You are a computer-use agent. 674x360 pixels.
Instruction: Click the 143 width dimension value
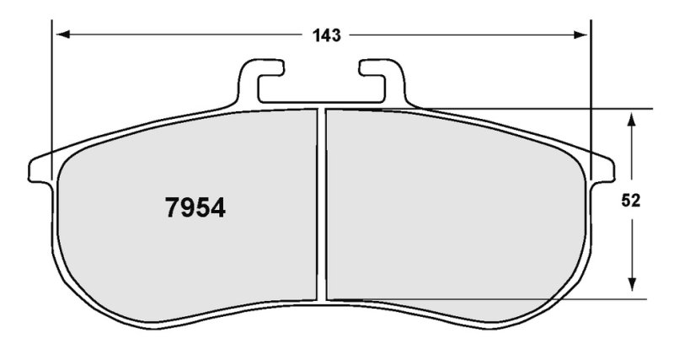click(326, 35)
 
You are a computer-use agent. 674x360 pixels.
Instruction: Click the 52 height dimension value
click(630, 201)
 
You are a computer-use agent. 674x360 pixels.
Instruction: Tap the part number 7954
click(195, 207)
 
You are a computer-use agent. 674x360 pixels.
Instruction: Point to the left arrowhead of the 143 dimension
click(63, 35)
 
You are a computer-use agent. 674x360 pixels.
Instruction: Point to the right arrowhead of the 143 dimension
click(580, 35)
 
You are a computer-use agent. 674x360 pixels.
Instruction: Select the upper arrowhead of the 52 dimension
click(631, 120)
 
